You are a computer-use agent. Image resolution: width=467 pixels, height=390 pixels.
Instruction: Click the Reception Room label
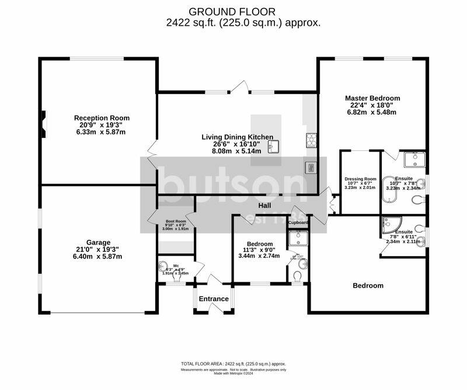pyautogui.click(x=102, y=118)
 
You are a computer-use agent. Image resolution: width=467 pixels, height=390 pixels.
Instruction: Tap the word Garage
pyautogui.click(x=98, y=241)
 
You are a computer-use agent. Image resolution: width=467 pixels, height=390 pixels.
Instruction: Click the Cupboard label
pyautogui.click(x=298, y=223)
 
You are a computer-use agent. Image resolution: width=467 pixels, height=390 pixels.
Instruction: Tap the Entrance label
pyautogui.click(x=214, y=299)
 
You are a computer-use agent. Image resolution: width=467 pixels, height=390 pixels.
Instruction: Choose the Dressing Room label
pyautogui.click(x=360, y=179)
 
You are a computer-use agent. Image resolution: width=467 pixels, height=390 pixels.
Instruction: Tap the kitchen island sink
pyautogui.click(x=274, y=146)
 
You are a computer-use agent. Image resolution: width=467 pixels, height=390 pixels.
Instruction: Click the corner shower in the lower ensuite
pyautogui.click(x=388, y=225)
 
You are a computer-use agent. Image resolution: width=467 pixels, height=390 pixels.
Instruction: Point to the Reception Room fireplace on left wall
pyautogui.click(x=42, y=123)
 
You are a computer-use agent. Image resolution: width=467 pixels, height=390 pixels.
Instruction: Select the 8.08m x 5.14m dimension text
pyautogui.click(x=237, y=150)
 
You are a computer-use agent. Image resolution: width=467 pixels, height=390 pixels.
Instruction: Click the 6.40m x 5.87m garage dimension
pyautogui.click(x=98, y=256)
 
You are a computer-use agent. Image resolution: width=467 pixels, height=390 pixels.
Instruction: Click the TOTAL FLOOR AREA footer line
pyautogui.click(x=233, y=364)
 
